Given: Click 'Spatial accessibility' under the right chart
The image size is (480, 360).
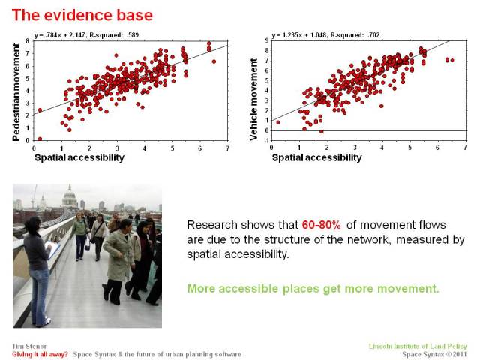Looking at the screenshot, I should pos(316,157).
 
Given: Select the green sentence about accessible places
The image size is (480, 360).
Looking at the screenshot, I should pos(313,288).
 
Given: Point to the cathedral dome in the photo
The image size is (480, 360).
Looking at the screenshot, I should pos(69,196).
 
